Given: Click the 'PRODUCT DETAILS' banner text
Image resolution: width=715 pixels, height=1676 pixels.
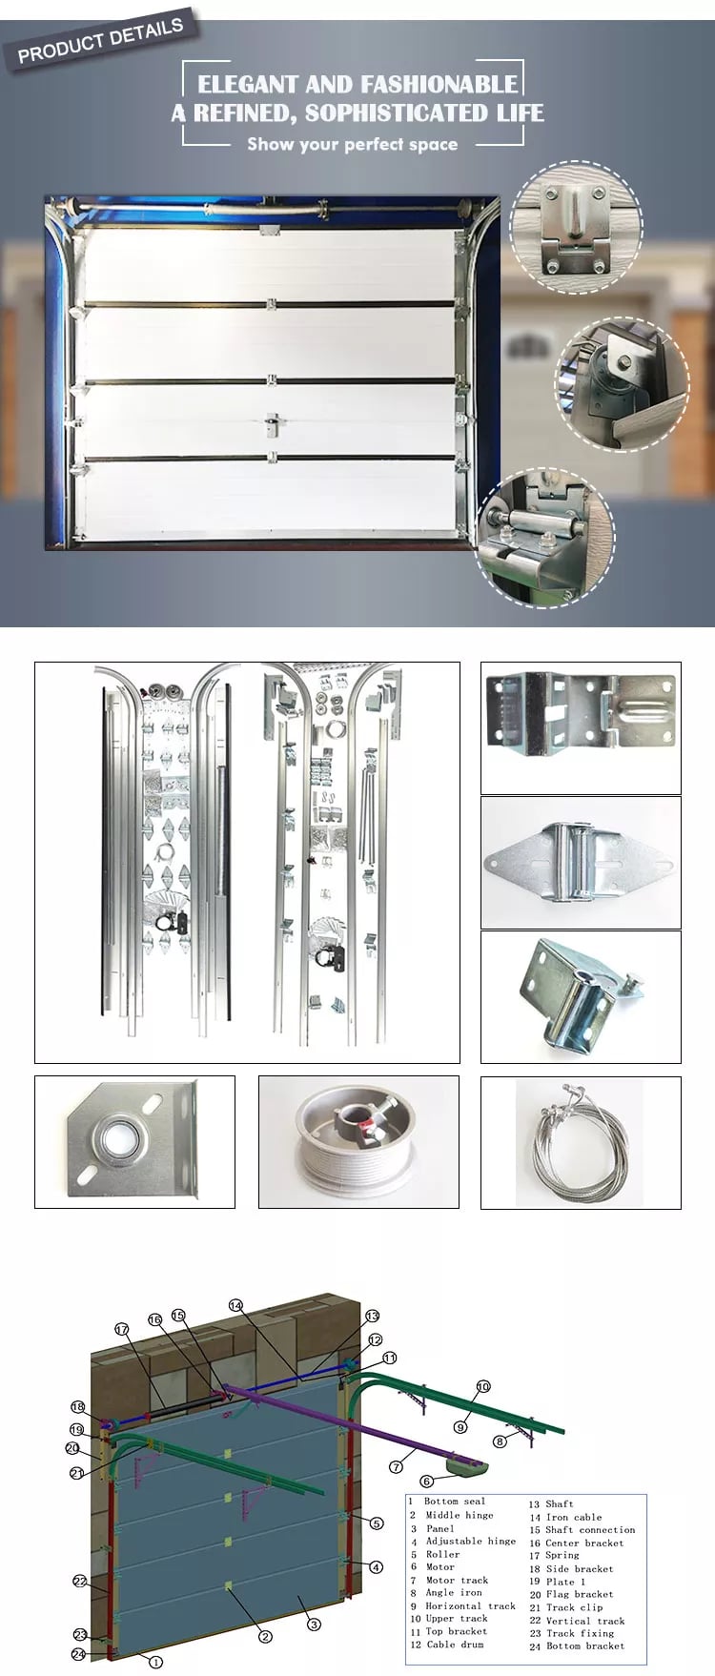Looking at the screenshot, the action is click(x=100, y=40).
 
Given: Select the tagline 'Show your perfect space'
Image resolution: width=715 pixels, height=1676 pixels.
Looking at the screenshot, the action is click(x=352, y=144).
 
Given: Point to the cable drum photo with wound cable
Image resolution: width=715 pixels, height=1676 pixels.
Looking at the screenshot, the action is click(x=358, y=1142).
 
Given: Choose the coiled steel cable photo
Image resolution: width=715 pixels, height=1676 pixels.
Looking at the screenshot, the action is click(x=581, y=1142).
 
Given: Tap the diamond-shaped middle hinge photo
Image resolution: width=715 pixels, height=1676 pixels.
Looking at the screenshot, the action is click(x=581, y=862).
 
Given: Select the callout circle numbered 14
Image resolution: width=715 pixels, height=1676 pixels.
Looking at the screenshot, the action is click(x=235, y=1305).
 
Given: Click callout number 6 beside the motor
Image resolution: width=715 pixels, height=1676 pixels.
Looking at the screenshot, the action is click(x=426, y=1481).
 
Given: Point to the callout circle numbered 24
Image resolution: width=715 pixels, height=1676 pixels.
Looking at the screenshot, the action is click(x=78, y=1654).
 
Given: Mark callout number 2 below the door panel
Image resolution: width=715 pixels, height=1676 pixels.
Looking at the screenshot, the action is click(x=265, y=1636).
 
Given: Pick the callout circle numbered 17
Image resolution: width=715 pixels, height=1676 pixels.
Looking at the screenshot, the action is click(x=121, y=1329).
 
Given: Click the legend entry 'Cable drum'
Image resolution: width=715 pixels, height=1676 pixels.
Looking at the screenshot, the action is click(x=455, y=1645).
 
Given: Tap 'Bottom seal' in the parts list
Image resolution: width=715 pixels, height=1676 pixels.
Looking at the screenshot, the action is click(x=455, y=1501).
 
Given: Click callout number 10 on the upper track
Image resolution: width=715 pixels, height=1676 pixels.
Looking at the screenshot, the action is click(x=483, y=1386).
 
